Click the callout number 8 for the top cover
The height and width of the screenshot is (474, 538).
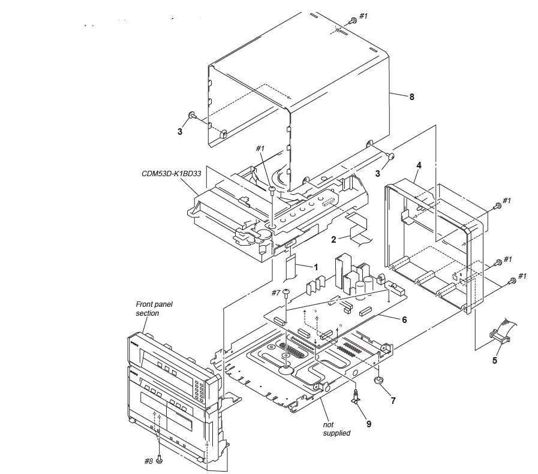coord(411,96)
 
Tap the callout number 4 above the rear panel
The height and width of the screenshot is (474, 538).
coord(419,164)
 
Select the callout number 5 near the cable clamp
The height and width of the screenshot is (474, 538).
coord(495,360)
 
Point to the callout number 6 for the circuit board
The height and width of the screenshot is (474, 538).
coord(404,319)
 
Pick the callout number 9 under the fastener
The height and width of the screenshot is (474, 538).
coord(369,424)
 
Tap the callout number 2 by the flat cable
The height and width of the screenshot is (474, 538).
coord(333,240)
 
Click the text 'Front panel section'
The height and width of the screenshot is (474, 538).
coord(155,309)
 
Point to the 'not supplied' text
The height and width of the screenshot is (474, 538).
coord(336,428)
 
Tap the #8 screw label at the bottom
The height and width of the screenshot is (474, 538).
coord(148,461)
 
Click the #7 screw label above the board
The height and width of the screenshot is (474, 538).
coord(275,292)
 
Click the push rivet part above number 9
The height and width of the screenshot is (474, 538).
coord(357,395)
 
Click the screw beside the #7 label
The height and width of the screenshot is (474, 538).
coord(287,292)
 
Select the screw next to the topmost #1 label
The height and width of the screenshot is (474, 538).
coord(353,20)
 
